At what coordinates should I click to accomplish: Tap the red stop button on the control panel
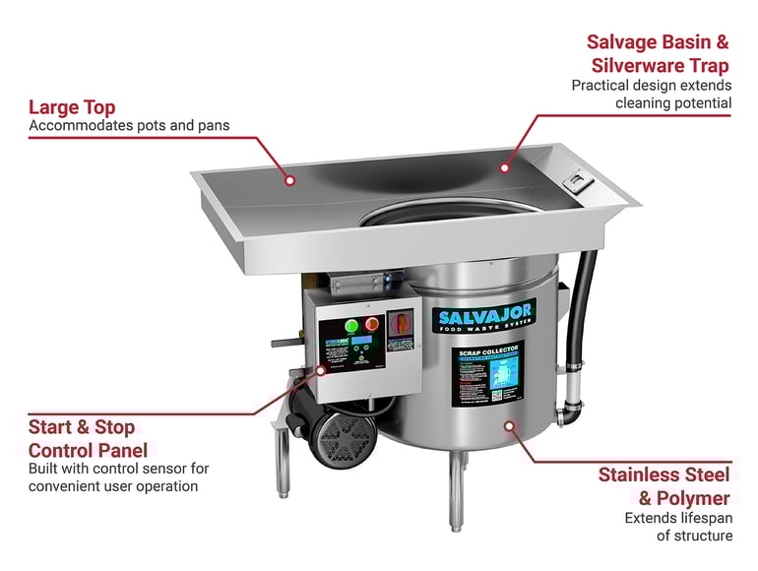[372, 323]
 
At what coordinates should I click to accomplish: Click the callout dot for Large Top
[289, 179]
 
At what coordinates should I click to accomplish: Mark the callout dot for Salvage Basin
[504, 167]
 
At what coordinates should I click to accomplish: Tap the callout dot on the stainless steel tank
[509, 425]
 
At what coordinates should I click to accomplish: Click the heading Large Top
[72, 107]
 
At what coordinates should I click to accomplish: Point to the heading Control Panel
[88, 451]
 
